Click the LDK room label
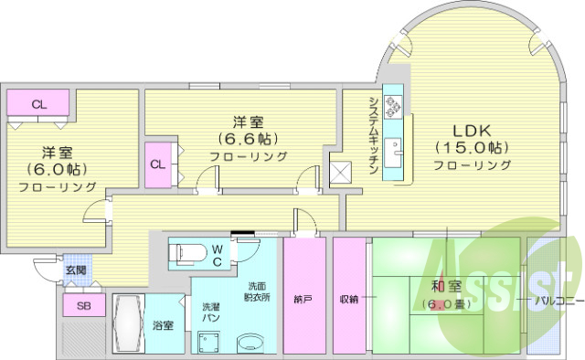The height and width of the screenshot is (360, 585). click(472, 129)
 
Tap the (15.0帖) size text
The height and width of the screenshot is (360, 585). click(472, 147)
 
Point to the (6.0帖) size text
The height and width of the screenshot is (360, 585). click(58, 169)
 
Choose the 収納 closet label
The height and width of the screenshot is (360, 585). click(348, 298)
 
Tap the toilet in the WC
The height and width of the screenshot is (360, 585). click(192, 251)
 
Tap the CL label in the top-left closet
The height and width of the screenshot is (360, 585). click(38, 104)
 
